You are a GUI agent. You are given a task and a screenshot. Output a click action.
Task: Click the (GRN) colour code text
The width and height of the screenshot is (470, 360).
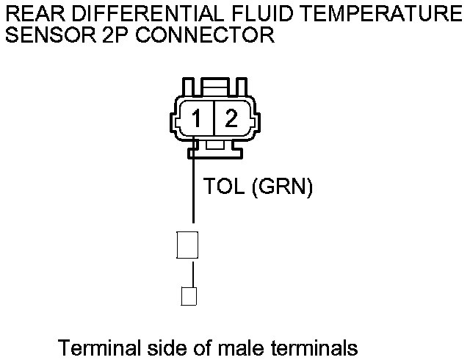283,188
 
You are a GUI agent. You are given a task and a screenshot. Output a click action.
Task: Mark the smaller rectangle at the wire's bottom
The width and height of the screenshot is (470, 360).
189,296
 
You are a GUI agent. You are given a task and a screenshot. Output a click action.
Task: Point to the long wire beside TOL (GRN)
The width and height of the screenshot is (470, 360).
193,191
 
